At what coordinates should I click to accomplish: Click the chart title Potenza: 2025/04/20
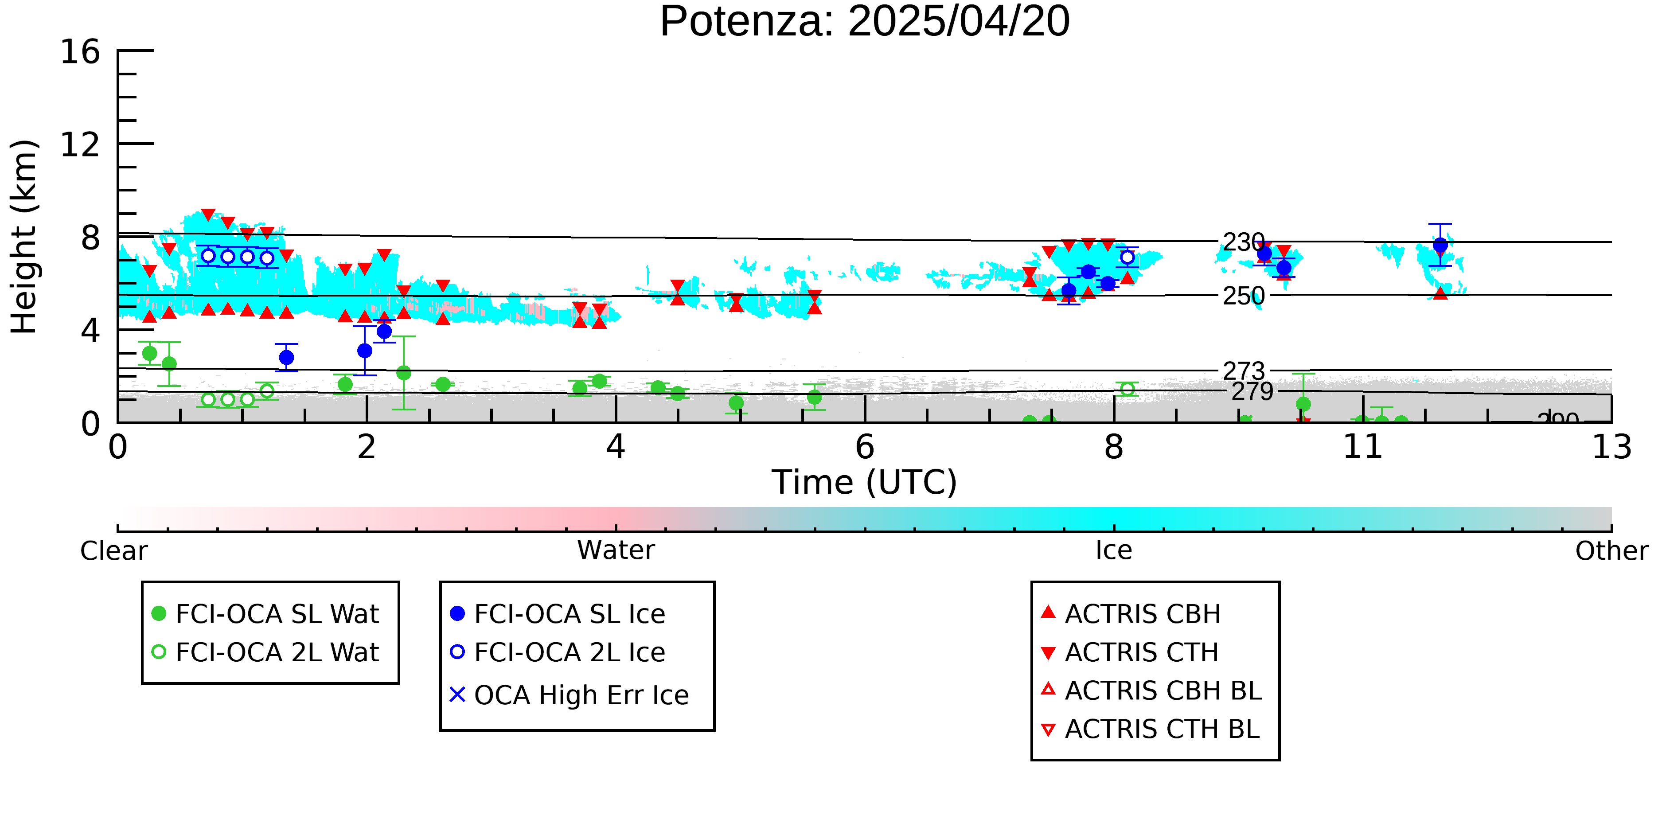point(865,22)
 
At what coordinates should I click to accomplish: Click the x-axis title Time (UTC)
point(865,483)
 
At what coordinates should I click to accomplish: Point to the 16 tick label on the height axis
point(80,51)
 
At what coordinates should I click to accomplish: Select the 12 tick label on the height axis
point(80,144)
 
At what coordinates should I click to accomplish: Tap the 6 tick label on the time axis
point(865,447)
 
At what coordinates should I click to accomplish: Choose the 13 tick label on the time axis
point(1611,447)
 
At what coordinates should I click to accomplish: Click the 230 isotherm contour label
point(1243,242)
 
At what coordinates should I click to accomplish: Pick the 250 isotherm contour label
point(1243,296)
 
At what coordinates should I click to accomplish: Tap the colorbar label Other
point(1611,551)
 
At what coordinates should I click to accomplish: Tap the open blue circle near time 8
point(1127,257)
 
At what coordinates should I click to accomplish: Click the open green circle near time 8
point(1127,388)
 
